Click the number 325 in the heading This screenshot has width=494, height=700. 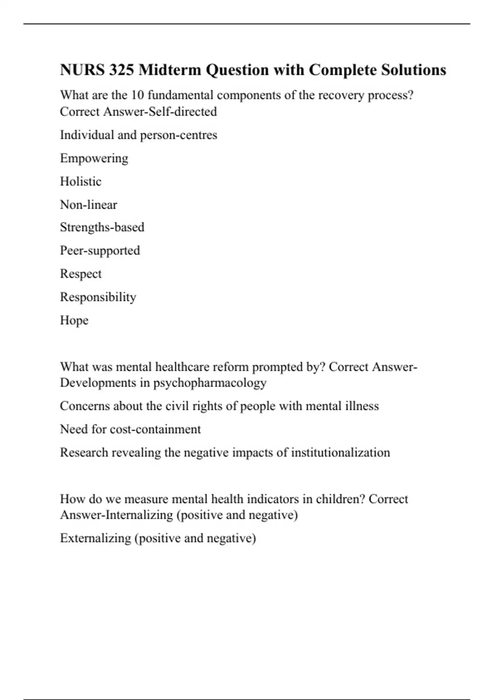[x=122, y=70]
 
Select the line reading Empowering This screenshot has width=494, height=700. [x=94, y=159]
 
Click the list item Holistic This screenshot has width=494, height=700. [x=81, y=182]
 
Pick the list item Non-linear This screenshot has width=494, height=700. [x=89, y=205]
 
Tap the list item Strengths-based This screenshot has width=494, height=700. [x=102, y=227]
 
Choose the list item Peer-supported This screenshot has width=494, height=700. [x=100, y=251]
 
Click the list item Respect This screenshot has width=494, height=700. [x=81, y=274]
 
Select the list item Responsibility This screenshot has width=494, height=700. [x=98, y=297]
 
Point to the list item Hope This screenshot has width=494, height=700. [x=74, y=320]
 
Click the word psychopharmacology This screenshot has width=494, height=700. [x=210, y=383]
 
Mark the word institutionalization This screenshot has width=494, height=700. [x=340, y=453]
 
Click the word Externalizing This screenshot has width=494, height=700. [x=96, y=538]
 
